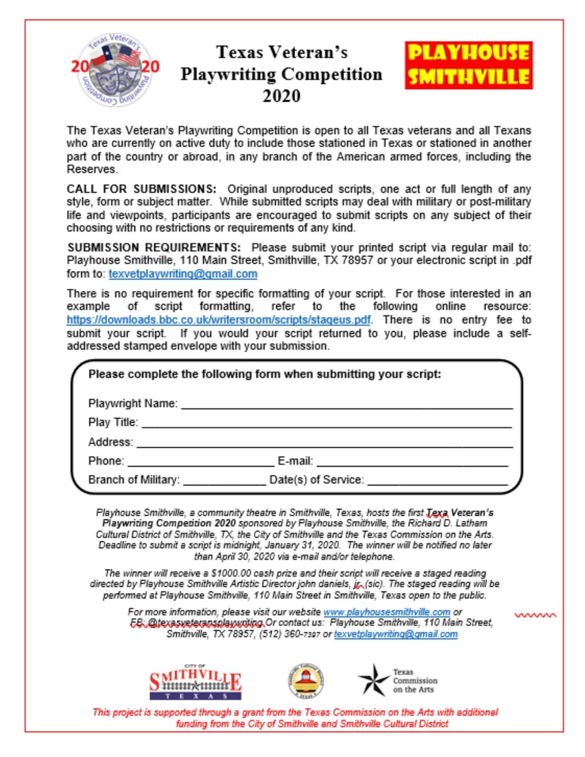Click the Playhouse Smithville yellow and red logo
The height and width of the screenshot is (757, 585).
tap(468, 65)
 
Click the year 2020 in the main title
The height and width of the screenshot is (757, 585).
tap(281, 96)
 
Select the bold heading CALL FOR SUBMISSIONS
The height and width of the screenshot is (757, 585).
tap(141, 189)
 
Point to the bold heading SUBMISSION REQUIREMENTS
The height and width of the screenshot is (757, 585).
tap(154, 248)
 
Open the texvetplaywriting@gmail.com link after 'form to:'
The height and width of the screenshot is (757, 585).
tap(183, 274)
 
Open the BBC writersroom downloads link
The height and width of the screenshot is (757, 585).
tap(218, 320)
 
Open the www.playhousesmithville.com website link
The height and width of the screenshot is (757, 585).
tap(386, 612)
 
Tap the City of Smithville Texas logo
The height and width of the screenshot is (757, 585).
tap(195, 683)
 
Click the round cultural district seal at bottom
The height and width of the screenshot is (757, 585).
tap(306, 682)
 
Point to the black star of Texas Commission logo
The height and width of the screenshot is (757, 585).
tap(373, 680)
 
